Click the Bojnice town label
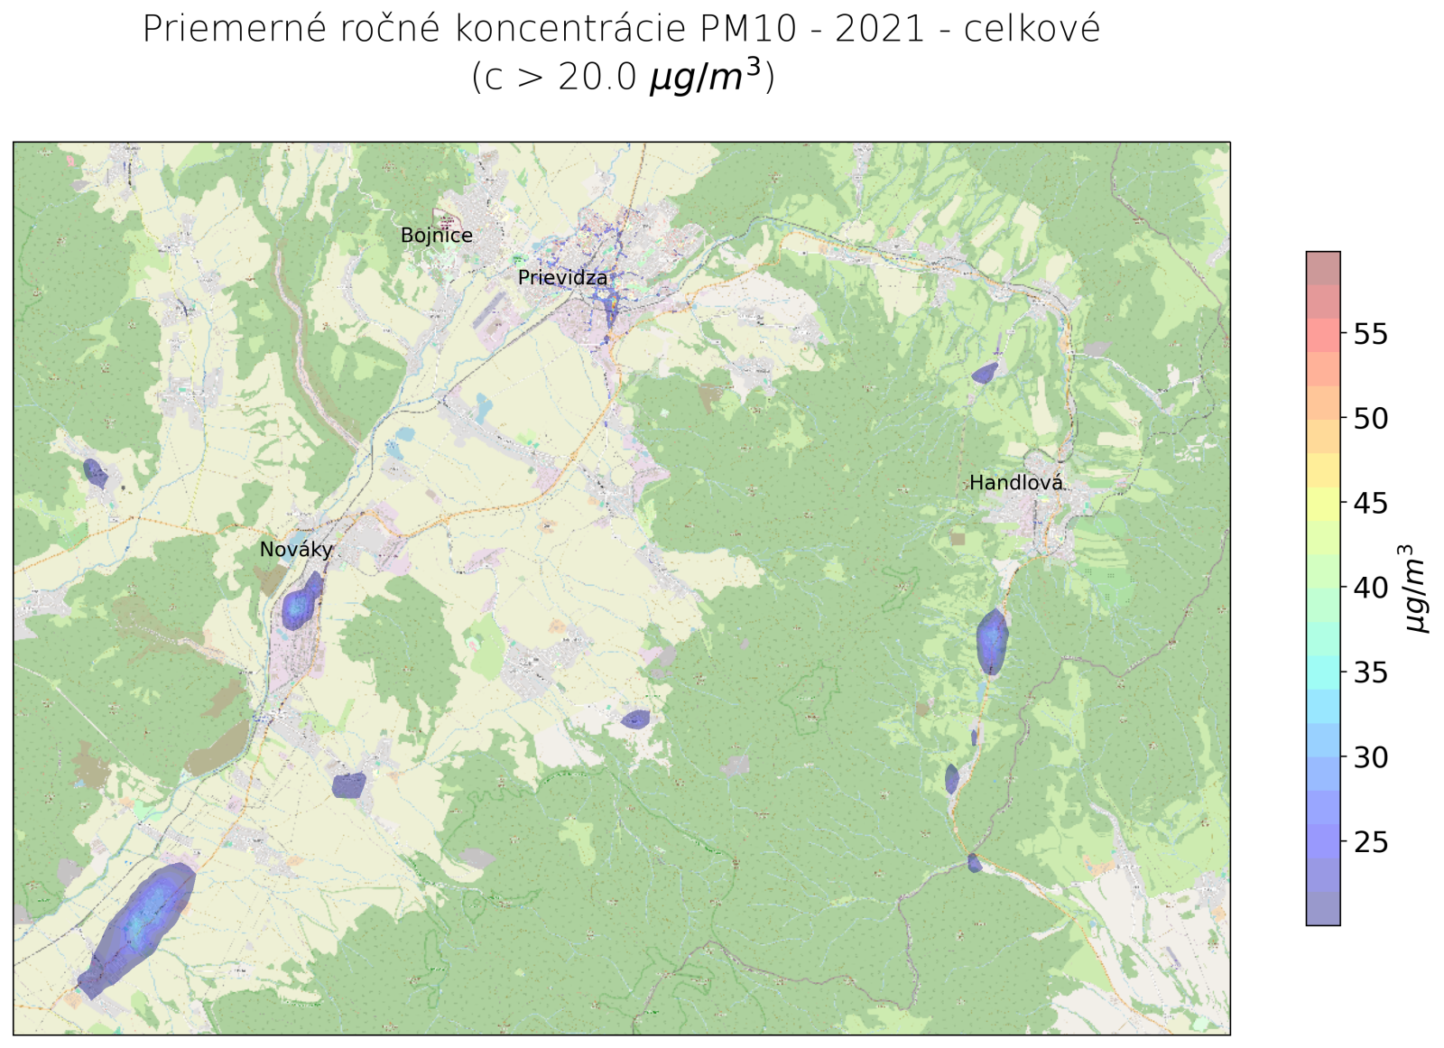[x=436, y=236]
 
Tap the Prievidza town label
[x=562, y=278]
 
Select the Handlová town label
[x=1015, y=483]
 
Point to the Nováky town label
[x=296, y=550]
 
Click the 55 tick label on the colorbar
[x=1370, y=334]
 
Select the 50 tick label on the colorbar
[x=1370, y=419]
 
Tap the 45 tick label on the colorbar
[x=1370, y=504]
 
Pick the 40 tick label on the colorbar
[x=1370, y=588]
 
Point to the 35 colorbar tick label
[x=1370, y=672]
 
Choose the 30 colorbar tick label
[x=1370, y=757]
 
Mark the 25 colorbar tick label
[x=1370, y=842]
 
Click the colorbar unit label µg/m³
[x=1414, y=589]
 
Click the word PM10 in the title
[x=748, y=30]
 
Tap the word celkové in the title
[x=1032, y=30]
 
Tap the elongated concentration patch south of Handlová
[x=992, y=641]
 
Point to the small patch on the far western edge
[x=95, y=472]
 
